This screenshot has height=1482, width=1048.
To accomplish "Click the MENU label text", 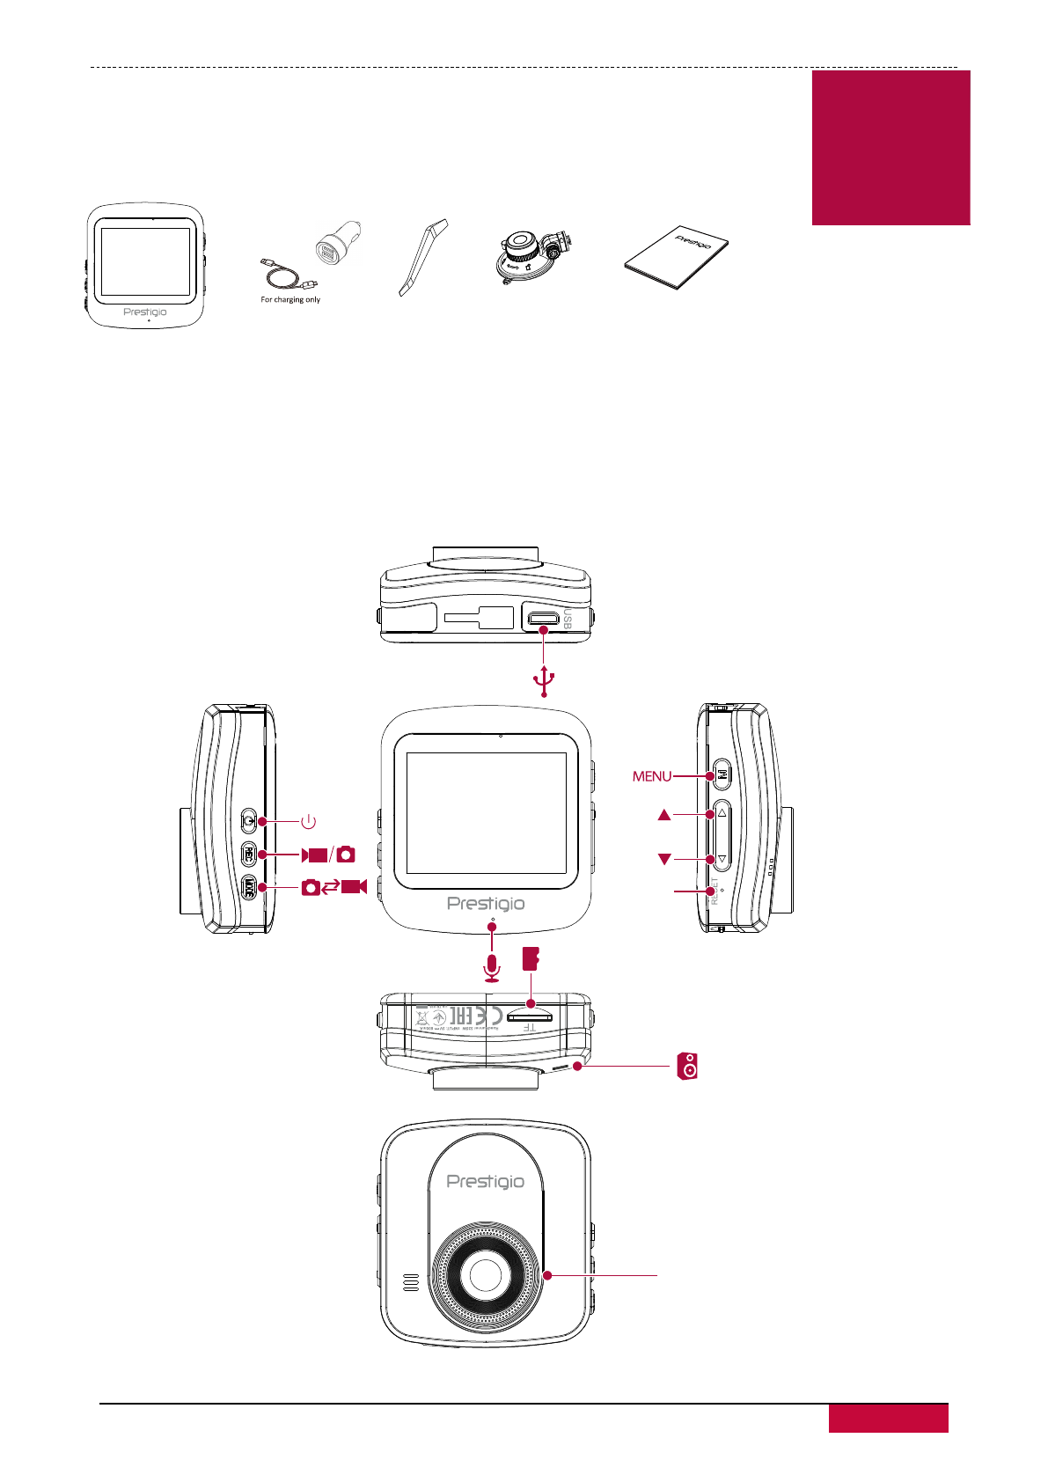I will point(652,776).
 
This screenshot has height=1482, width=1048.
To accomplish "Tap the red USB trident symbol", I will point(545,679).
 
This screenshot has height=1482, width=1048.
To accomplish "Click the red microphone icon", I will point(492,968).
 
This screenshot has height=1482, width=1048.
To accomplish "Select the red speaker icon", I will point(688,1066).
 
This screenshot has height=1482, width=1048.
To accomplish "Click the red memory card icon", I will point(531,958).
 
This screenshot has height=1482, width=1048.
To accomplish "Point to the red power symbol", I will point(308,821).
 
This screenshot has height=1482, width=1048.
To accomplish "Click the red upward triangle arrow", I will point(664,816).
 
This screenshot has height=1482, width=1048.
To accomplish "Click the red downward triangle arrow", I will point(664,859).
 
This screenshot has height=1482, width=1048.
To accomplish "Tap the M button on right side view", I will point(721,775).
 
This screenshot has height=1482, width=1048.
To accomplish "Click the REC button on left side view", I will point(249,854).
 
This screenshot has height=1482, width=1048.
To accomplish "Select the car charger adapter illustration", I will point(337,244).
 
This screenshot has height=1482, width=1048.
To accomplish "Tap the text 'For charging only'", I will point(290,300).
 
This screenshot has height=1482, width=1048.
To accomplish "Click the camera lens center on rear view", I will point(485,1273).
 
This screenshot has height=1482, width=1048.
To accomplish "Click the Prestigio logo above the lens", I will point(485,1182).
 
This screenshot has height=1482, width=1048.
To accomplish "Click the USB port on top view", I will point(543,617).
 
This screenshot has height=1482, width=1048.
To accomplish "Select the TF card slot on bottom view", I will point(530,1016).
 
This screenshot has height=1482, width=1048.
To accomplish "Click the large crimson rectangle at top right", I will point(890,148).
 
